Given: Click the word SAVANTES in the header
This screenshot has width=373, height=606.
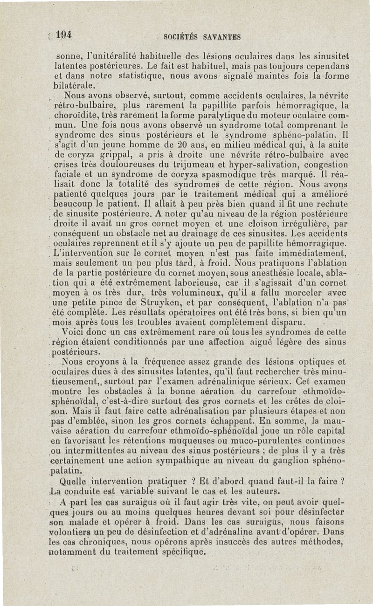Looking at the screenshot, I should [x=221, y=36].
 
